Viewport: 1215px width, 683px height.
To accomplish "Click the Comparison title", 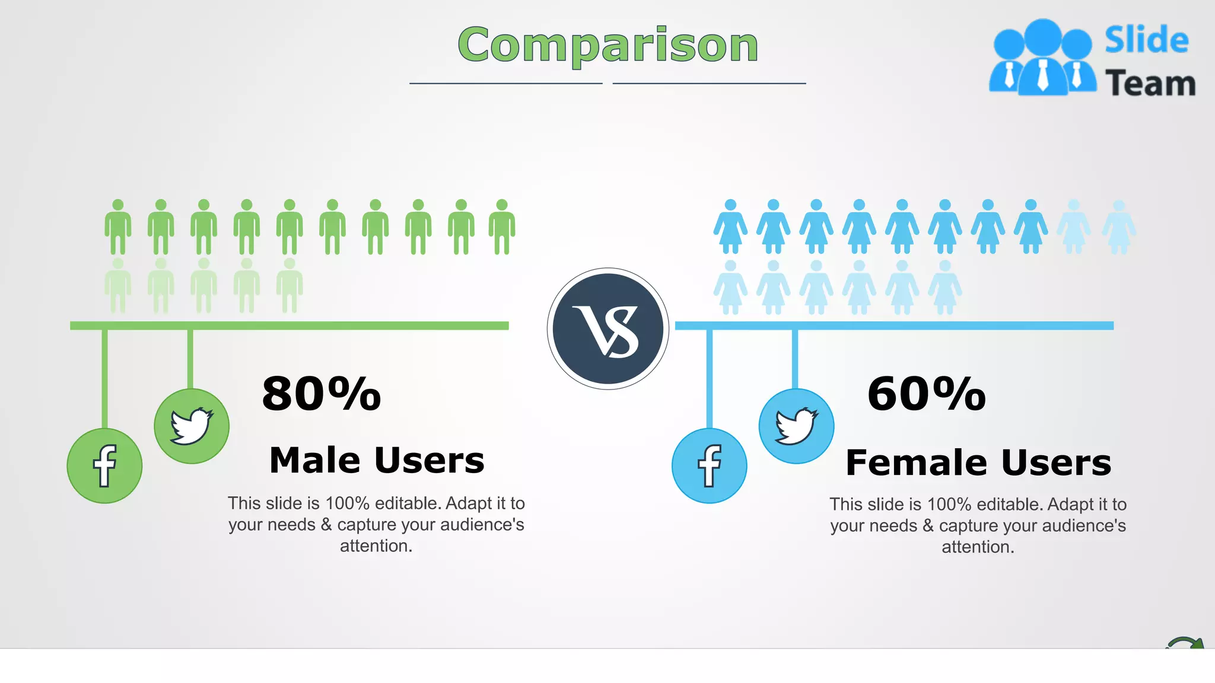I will (607, 45).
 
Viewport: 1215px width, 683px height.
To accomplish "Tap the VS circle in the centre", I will (608, 329).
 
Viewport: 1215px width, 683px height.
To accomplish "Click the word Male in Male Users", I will (315, 460).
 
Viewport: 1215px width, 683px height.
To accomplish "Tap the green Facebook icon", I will (104, 466).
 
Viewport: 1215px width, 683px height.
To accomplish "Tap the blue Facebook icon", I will (709, 466).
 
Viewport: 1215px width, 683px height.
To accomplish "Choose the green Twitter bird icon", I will (192, 426).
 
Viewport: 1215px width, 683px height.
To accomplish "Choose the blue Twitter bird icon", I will (796, 426).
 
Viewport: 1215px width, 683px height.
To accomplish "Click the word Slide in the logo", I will (1146, 40).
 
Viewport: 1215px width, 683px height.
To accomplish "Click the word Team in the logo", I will (1150, 83).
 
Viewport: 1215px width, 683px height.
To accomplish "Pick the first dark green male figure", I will (118, 227).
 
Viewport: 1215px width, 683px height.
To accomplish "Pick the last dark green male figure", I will (502, 227).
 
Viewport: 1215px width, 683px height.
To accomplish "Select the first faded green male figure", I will (118, 286).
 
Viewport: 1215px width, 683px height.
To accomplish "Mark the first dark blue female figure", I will (730, 227).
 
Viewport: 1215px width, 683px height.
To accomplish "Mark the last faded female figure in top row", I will (1118, 227).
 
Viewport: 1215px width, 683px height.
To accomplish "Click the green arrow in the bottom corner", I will (1187, 643).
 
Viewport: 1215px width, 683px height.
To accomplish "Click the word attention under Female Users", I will (978, 547).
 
